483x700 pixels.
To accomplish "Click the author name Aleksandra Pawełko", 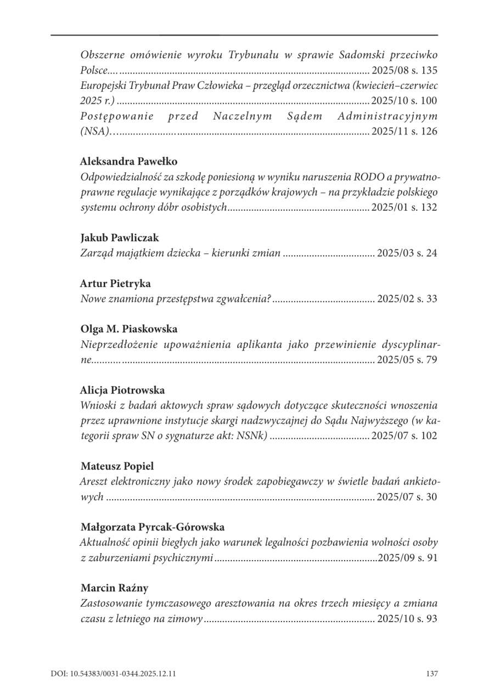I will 124,162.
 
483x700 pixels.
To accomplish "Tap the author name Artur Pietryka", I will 116,284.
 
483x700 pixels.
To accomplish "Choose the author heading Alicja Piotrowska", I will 122,390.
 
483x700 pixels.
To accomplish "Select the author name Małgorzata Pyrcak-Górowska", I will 153,527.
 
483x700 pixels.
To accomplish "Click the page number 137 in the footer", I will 431,673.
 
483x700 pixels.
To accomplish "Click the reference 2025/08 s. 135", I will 405,71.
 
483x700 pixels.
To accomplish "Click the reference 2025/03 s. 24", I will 407,253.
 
